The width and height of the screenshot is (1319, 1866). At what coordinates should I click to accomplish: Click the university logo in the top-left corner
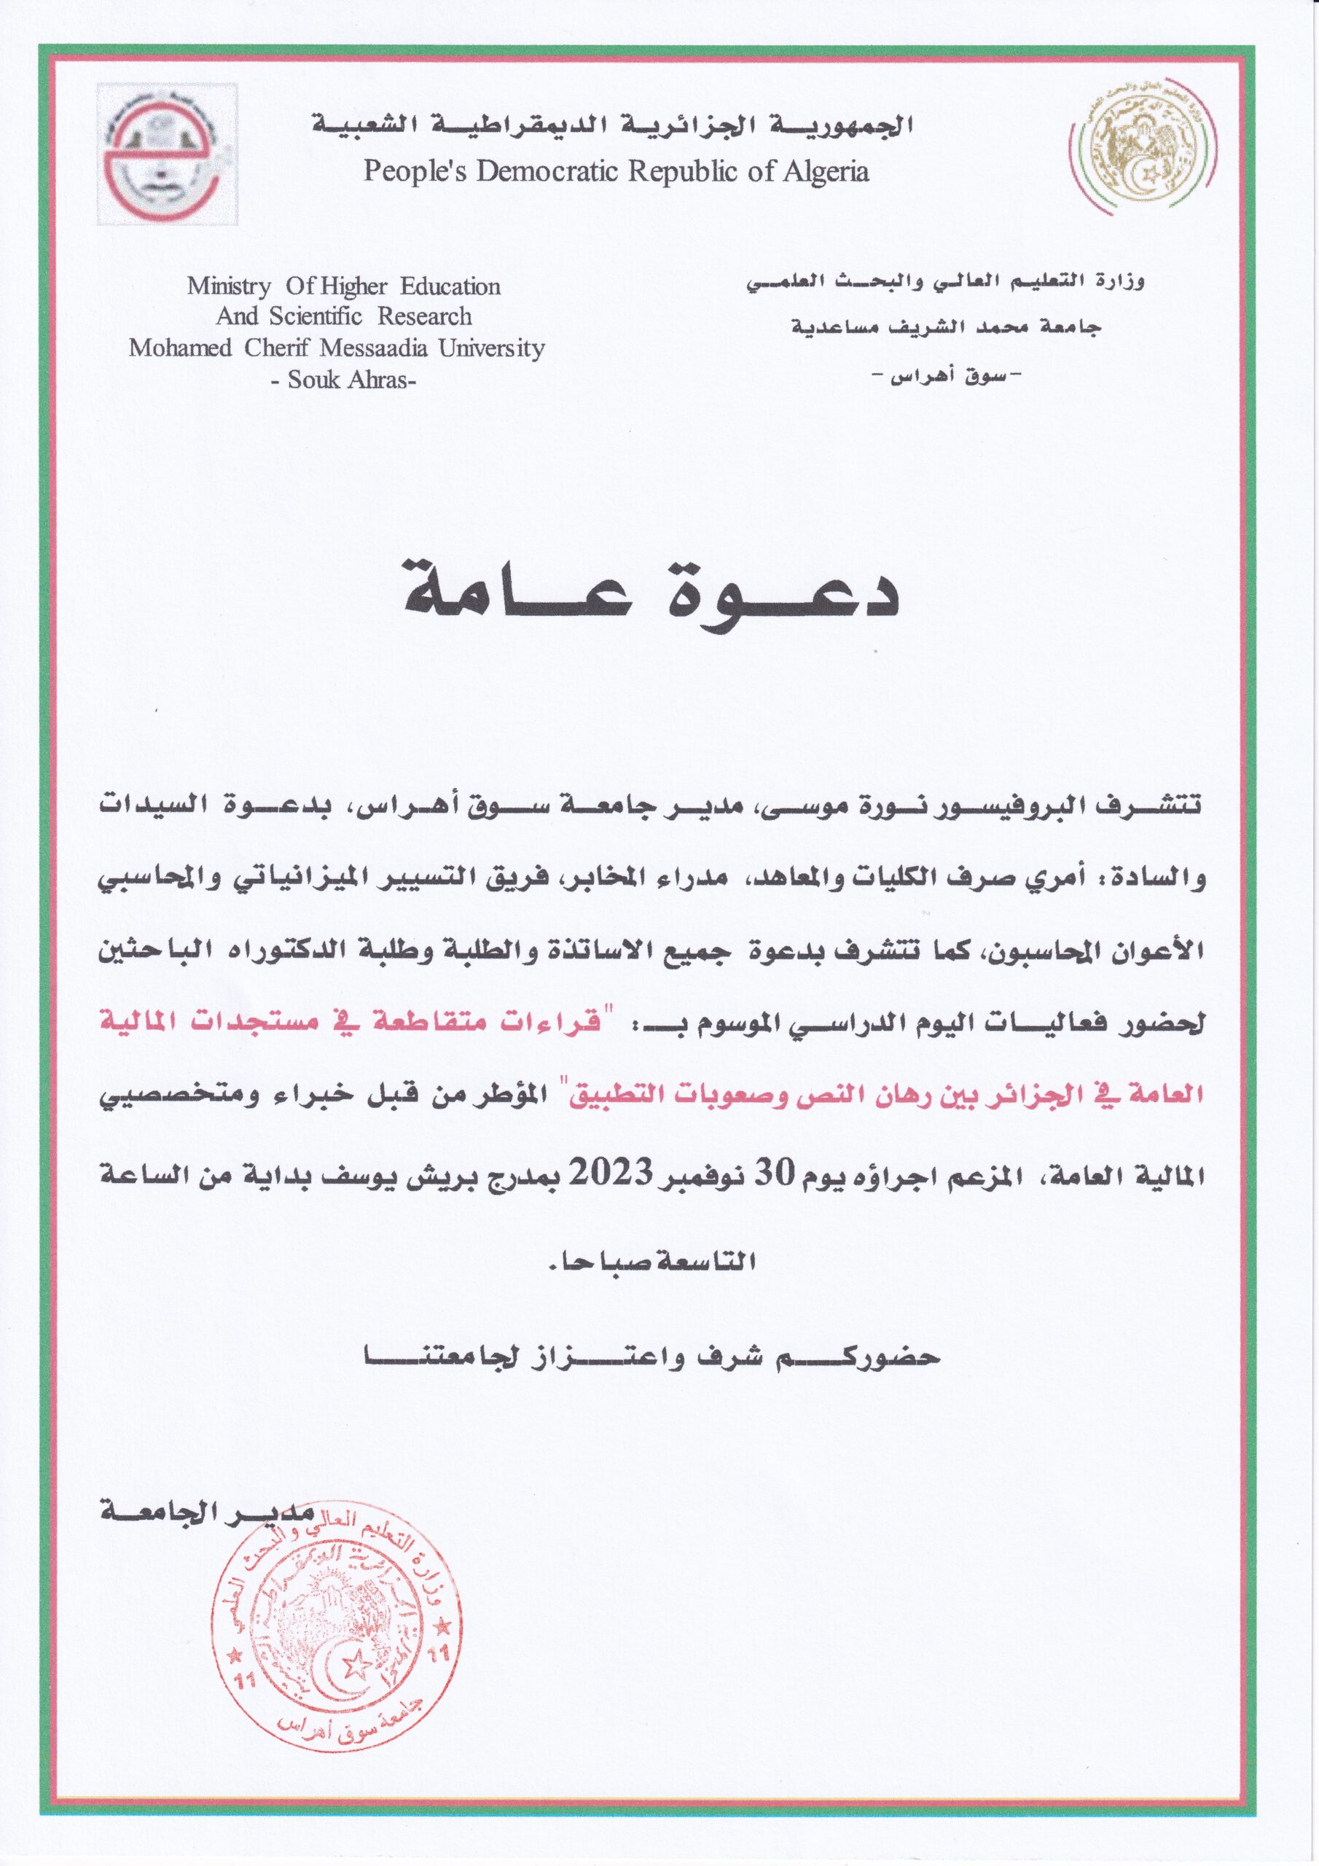click(x=168, y=155)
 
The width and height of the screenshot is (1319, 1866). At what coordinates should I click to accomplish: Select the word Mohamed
click(x=179, y=348)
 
